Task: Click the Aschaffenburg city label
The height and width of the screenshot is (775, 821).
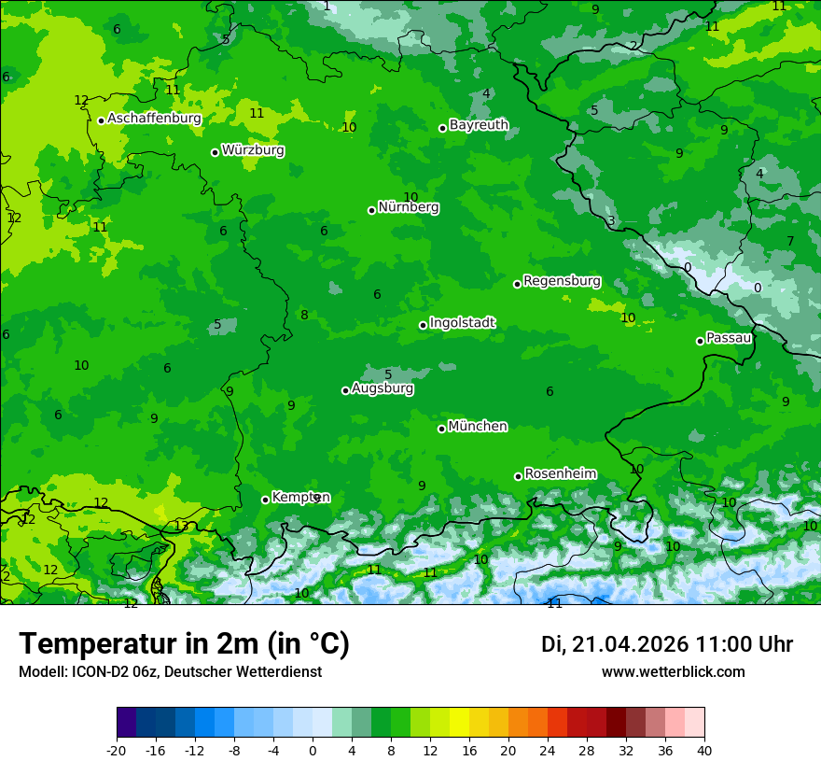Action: [154, 119]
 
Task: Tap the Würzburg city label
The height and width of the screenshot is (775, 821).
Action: [253, 150]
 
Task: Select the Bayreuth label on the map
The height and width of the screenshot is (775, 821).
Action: [479, 125]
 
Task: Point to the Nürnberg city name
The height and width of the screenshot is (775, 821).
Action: [408, 207]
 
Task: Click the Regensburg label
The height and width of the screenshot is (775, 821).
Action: [562, 281]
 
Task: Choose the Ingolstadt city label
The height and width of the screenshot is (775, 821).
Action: [462, 323]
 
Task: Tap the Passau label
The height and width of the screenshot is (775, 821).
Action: [729, 338]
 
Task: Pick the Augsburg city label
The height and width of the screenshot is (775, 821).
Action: [383, 388]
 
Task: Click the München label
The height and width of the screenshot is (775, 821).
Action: [478, 427]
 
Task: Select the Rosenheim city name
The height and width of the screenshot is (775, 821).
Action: [560, 474]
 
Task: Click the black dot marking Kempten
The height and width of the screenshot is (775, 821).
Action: [265, 500]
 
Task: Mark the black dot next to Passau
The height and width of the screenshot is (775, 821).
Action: [700, 341]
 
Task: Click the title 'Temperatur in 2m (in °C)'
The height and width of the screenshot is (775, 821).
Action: [184, 644]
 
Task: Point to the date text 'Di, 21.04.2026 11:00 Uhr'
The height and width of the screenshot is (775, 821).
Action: [667, 644]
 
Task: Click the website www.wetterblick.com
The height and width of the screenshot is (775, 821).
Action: [673, 671]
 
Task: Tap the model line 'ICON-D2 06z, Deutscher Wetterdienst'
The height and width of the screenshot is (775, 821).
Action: [170, 671]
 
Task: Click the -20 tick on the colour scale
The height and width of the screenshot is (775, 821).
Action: [117, 750]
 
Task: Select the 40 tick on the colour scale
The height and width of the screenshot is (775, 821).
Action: [704, 750]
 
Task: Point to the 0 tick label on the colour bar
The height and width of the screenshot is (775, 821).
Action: [313, 750]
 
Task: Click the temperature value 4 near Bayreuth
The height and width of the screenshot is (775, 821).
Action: [486, 93]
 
